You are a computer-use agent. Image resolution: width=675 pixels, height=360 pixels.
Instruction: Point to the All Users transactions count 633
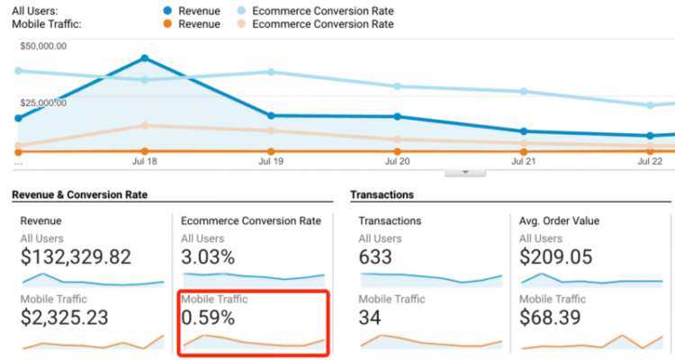click(375, 257)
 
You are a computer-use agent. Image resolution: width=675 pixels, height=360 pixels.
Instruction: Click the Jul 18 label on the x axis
click(144, 163)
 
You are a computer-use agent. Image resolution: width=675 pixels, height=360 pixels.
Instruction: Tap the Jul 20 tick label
click(397, 163)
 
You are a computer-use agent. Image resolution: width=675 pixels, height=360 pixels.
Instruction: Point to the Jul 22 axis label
click(650, 163)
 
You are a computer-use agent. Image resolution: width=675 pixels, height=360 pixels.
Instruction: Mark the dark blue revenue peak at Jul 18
click(144, 58)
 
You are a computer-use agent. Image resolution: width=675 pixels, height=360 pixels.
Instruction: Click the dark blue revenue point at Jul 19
click(271, 115)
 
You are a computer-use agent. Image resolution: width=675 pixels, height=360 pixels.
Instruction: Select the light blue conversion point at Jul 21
click(524, 92)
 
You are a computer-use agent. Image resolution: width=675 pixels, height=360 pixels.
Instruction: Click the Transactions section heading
click(382, 194)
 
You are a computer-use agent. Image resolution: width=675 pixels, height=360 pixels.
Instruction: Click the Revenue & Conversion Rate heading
click(79, 194)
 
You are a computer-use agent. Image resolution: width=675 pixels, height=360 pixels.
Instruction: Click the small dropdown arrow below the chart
click(465, 171)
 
